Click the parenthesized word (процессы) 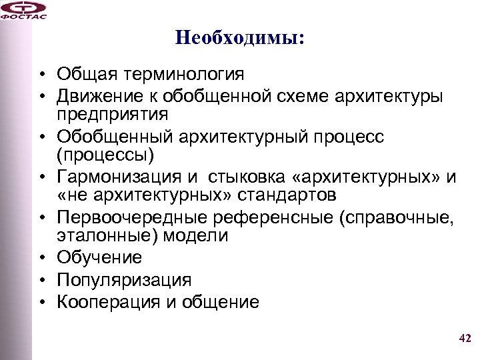click(x=105, y=155)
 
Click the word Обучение click(x=99, y=257)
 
